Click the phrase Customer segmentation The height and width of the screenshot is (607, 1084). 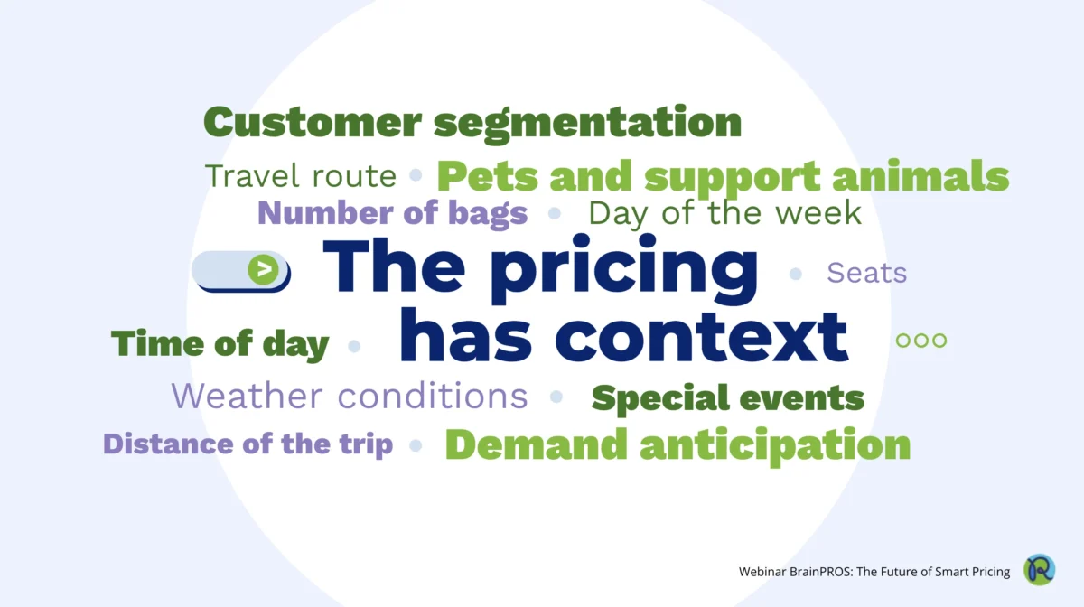click(472, 124)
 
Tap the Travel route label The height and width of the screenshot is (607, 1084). click(301, 176)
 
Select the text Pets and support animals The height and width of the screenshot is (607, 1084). click(723, 178)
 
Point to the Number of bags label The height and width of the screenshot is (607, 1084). click(392, 213)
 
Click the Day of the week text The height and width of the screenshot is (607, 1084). click(724, 213)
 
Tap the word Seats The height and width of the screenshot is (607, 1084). click(866, 273)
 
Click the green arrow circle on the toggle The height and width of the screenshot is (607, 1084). click(263, 269)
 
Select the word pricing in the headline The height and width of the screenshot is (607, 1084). click(624, 269)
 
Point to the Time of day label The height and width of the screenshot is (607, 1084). click(220, 344)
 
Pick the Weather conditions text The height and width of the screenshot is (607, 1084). click(350, 396)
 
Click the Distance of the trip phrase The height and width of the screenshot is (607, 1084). click(248, 444)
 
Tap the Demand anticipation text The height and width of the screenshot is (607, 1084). click(677, 446)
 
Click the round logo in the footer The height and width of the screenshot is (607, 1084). click(1039, 570)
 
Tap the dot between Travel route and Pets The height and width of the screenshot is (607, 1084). click(416, 174)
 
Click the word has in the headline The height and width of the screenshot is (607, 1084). click(465, 335)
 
